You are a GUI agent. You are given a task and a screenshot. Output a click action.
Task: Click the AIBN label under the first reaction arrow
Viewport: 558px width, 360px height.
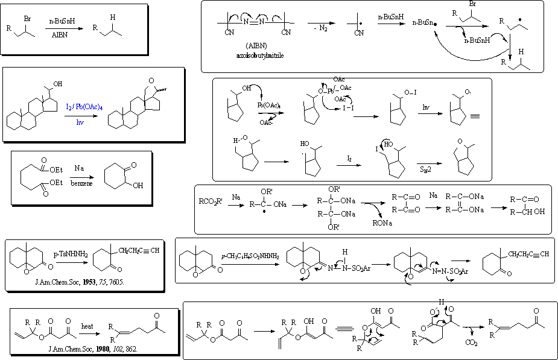[58, 34]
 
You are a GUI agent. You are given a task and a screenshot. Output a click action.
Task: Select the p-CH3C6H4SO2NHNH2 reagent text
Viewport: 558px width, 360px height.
[249, 256]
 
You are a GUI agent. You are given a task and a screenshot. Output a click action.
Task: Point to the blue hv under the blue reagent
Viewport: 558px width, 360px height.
[80, 122]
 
